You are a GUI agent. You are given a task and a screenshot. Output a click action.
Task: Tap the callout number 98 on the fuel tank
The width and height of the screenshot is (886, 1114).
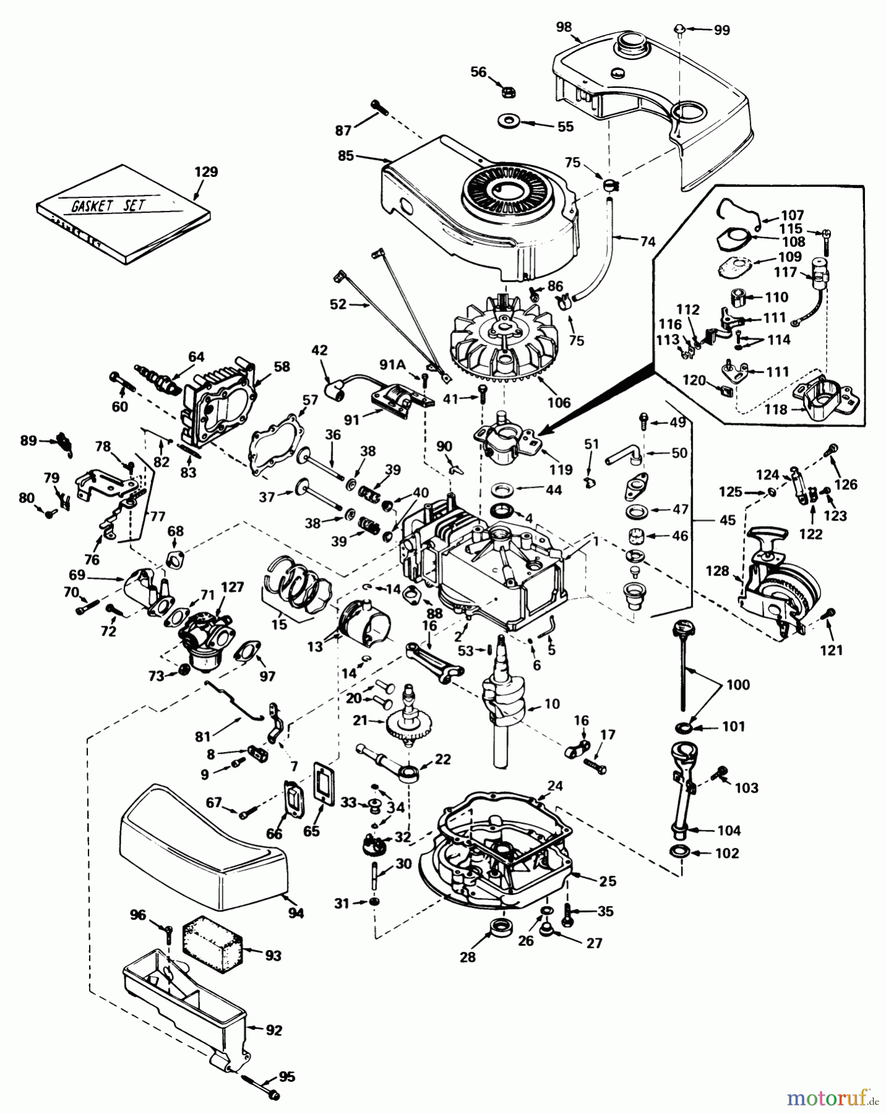coord(563,27)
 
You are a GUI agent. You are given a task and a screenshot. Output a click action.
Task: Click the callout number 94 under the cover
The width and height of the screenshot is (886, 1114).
coord(296,913)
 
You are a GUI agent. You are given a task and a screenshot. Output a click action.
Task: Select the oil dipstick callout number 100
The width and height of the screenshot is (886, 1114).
coord(738,684)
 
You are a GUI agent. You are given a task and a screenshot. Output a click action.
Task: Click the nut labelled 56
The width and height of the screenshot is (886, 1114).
coord(508,92)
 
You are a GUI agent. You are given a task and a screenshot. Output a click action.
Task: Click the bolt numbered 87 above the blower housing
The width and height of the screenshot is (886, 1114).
coord(379,108)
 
